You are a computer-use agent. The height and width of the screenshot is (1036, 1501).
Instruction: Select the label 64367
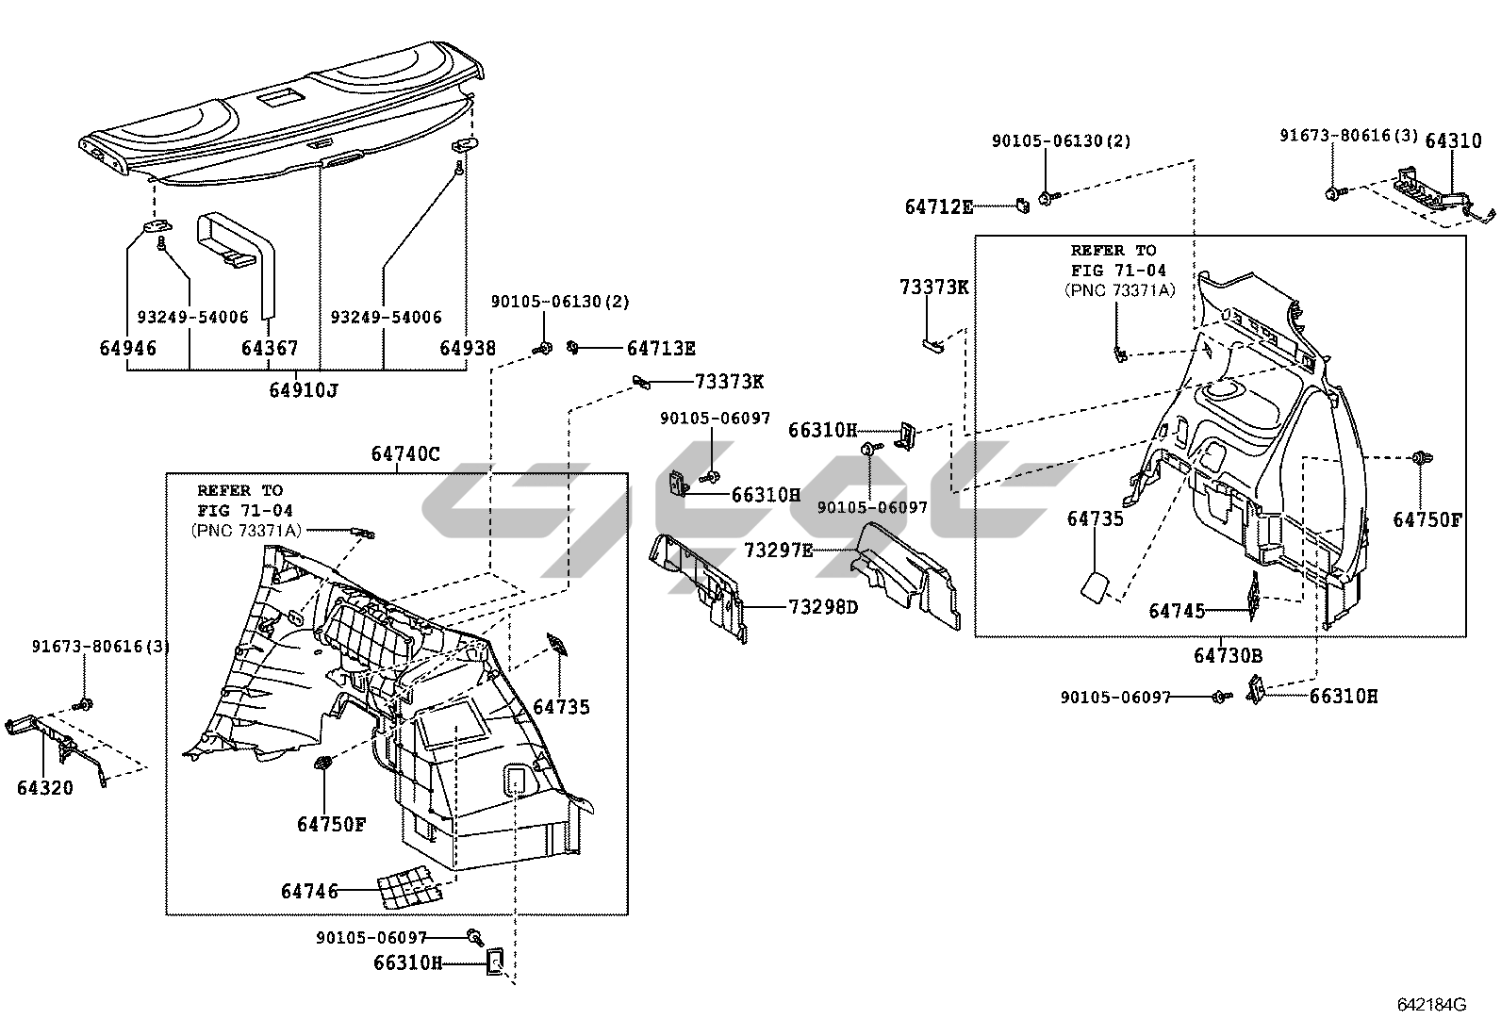point(270,348)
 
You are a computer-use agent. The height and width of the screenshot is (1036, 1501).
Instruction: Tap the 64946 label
point(128,348)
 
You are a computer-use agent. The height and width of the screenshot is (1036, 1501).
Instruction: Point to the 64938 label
point(468,348)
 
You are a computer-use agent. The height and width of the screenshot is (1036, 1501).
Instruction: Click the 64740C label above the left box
point(404,454)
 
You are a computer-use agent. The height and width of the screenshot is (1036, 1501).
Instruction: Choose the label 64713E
point(661,349)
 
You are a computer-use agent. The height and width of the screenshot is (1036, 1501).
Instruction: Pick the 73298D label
point(824,607)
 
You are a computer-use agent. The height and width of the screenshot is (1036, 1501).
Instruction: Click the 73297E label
point(778,550)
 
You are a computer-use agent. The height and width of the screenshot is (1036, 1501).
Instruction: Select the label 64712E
point(939,206)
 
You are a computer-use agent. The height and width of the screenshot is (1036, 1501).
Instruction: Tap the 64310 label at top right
point(1453,140)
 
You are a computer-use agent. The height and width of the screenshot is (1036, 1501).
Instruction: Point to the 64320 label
point(44,787)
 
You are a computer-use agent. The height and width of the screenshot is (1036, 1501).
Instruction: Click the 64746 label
point(309,891)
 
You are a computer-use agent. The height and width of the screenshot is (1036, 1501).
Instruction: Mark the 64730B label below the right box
point(1228,655)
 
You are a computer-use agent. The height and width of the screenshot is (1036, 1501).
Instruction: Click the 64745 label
point(1177,611)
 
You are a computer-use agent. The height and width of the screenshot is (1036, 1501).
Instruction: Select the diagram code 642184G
point(1431,1005)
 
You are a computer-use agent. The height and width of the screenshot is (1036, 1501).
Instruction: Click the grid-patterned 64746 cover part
point(409,887)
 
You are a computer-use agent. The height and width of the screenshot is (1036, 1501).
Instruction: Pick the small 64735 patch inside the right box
point(1095,584)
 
